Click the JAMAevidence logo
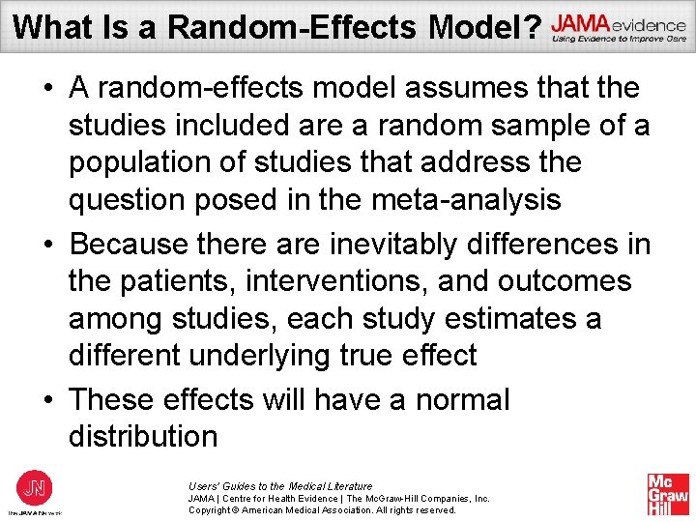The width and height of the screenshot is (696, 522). click(619, 28)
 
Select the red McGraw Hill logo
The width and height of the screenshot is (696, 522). click(668, 493)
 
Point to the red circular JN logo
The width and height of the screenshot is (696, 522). click(34, 486)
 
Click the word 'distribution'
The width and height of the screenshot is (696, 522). click(143, 436)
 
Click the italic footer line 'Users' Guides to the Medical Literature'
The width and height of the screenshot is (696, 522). click(280, 486)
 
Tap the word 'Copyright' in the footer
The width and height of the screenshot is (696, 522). click(212, 509)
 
